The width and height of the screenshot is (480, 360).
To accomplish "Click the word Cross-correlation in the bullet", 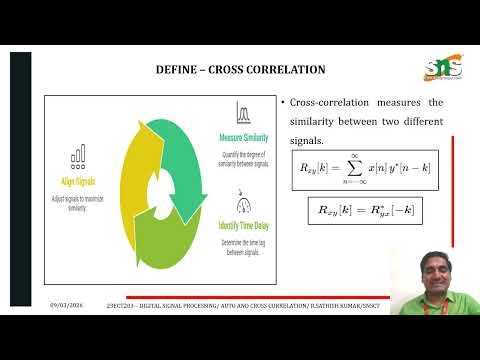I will tap(323, 104).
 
